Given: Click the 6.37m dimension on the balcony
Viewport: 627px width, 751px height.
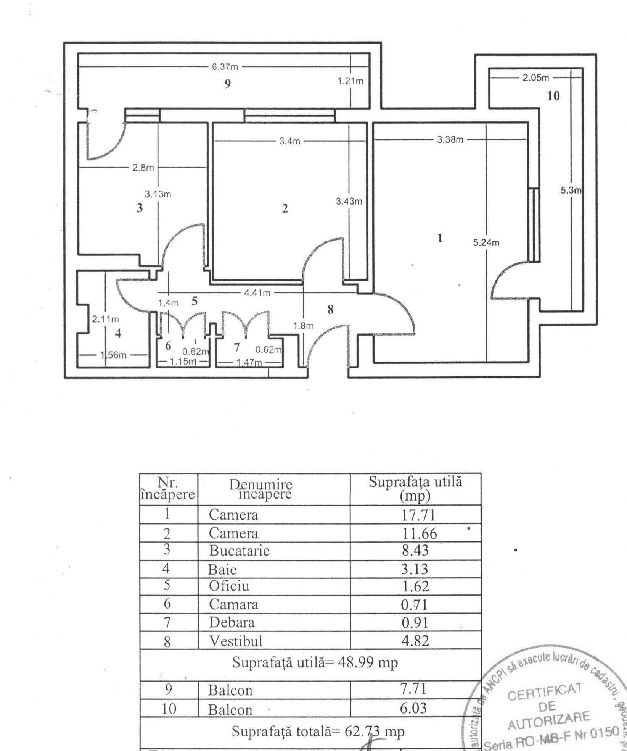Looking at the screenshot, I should click(x=225, y=67).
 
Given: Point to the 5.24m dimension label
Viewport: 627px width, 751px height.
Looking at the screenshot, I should click(x=486, y=243).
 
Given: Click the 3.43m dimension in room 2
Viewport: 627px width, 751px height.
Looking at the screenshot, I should click(x=349, y=201).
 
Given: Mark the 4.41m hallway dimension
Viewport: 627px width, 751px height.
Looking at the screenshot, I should click(x=257, y=293).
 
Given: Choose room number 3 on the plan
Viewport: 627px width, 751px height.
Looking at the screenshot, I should click(x=140, y=208).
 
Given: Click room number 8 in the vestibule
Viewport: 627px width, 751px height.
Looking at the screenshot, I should click(x=330, y=310).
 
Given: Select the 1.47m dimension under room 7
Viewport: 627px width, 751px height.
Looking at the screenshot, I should click(x=249, y=362).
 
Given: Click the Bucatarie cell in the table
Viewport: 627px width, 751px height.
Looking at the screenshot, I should click(x=239, y=551).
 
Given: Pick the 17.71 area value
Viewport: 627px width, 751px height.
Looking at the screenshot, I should click(x=418, y=515).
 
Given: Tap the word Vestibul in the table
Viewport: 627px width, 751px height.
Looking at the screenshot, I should click(x=235, y=641).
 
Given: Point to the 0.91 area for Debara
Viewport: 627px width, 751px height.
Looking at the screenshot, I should click(x=415, y=623).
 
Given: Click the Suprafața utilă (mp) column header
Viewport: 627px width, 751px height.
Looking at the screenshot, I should click(x=415, y=489).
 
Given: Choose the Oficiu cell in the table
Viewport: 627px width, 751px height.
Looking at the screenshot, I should click(x=229, y=586).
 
